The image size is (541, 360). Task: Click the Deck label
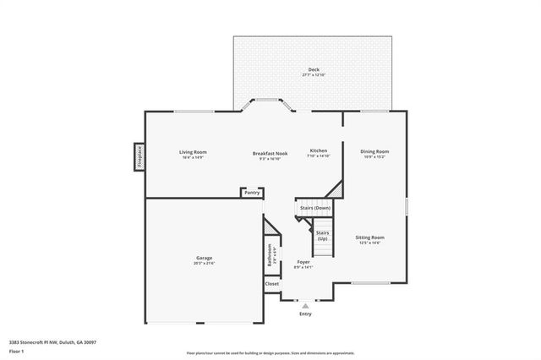(314, 69)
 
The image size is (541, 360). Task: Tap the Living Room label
(194, 152)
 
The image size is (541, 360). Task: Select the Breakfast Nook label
(270, 153)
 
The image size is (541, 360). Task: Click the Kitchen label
(318, 150)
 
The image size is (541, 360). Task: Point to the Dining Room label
(374, 151)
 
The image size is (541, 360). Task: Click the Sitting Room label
(369, 237)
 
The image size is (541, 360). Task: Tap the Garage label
(205, 258)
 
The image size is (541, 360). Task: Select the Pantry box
(252, 193)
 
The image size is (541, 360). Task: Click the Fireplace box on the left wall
(139, 157)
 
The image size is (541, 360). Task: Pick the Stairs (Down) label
(315, 207)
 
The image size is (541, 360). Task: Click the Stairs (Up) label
(322, 235)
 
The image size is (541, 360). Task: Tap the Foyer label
(303, 262)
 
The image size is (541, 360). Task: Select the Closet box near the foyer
(271, 284)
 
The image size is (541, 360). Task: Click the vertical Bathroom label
(270, 256)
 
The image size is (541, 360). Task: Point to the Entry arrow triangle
(305, 306)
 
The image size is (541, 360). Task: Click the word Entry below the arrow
(305, 314)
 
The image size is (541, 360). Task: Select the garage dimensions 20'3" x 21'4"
(205, 263)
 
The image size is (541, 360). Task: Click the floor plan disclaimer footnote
(270, 352)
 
